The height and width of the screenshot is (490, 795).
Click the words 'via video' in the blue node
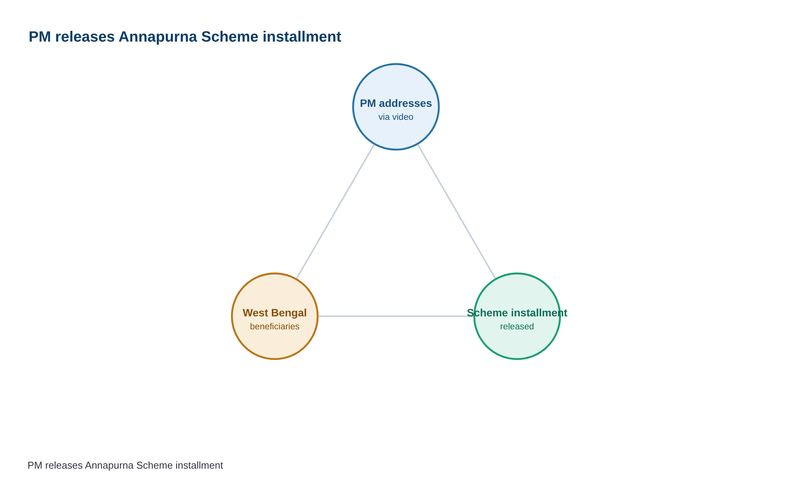coord(396,117)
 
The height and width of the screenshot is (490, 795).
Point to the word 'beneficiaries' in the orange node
coord(275,327)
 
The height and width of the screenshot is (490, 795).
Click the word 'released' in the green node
coord(517,327)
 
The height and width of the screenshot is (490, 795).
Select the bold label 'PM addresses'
coord(396,103)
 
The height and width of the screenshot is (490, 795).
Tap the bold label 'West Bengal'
coord(275,313)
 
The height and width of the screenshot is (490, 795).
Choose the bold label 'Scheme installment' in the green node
coord(517,313)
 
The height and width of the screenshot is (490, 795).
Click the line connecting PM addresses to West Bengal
coord(336,211)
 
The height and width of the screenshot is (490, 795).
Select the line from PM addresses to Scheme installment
coord(457,211)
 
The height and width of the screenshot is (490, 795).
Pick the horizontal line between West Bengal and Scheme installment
coord(396,316)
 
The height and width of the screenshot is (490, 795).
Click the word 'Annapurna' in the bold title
coord(158,37)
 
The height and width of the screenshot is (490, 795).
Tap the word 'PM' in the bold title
coord(39,37)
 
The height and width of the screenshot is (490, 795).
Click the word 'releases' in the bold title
coord(84,37)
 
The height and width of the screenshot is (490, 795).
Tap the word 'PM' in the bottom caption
coord(35,466)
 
